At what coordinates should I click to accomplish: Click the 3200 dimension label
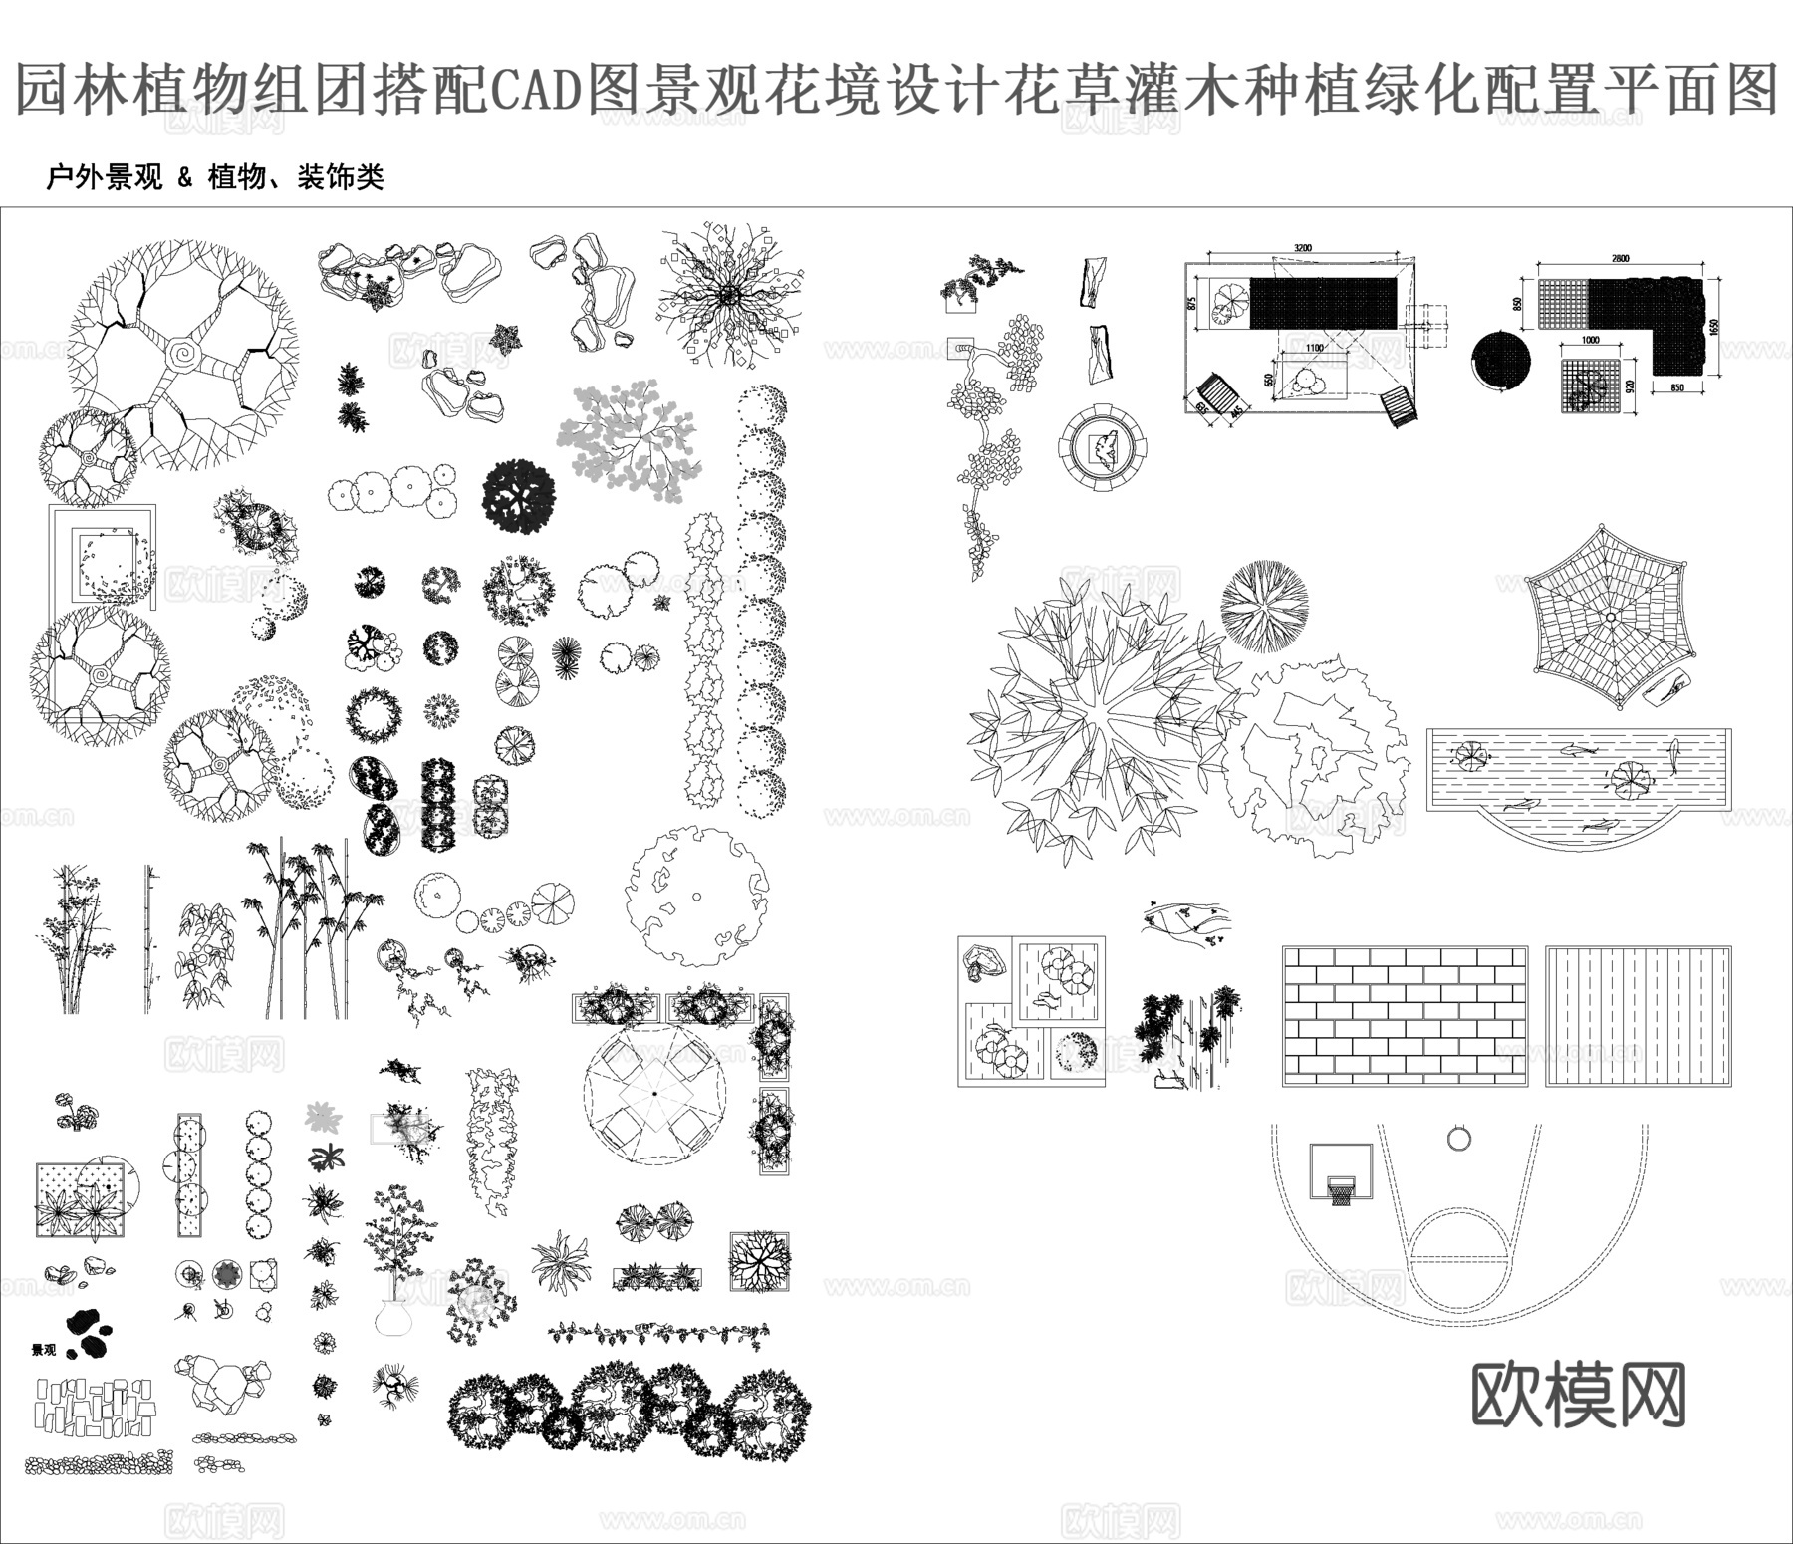(1302, 248)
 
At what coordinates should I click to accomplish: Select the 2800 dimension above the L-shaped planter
(1620, 259)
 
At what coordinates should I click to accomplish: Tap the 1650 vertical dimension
(1713, 326)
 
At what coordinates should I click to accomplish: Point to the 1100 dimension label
(1314, 348)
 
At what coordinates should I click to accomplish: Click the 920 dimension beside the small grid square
(1631, 385)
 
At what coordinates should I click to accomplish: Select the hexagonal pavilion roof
(1608, 618)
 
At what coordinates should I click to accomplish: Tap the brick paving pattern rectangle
(1405, 1016)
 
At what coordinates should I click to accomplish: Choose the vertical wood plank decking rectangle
(1639, 1016)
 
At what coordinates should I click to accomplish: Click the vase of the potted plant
(394, 1317)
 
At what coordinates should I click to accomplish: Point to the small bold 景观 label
(44, 1351)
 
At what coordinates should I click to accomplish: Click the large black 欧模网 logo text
(1578, 1396)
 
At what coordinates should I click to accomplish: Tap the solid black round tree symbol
(518, 496)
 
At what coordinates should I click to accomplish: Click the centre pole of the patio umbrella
(653, 1094)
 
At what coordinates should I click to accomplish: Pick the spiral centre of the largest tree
(183, 354)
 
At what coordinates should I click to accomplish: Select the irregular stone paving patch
(96, 1407)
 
